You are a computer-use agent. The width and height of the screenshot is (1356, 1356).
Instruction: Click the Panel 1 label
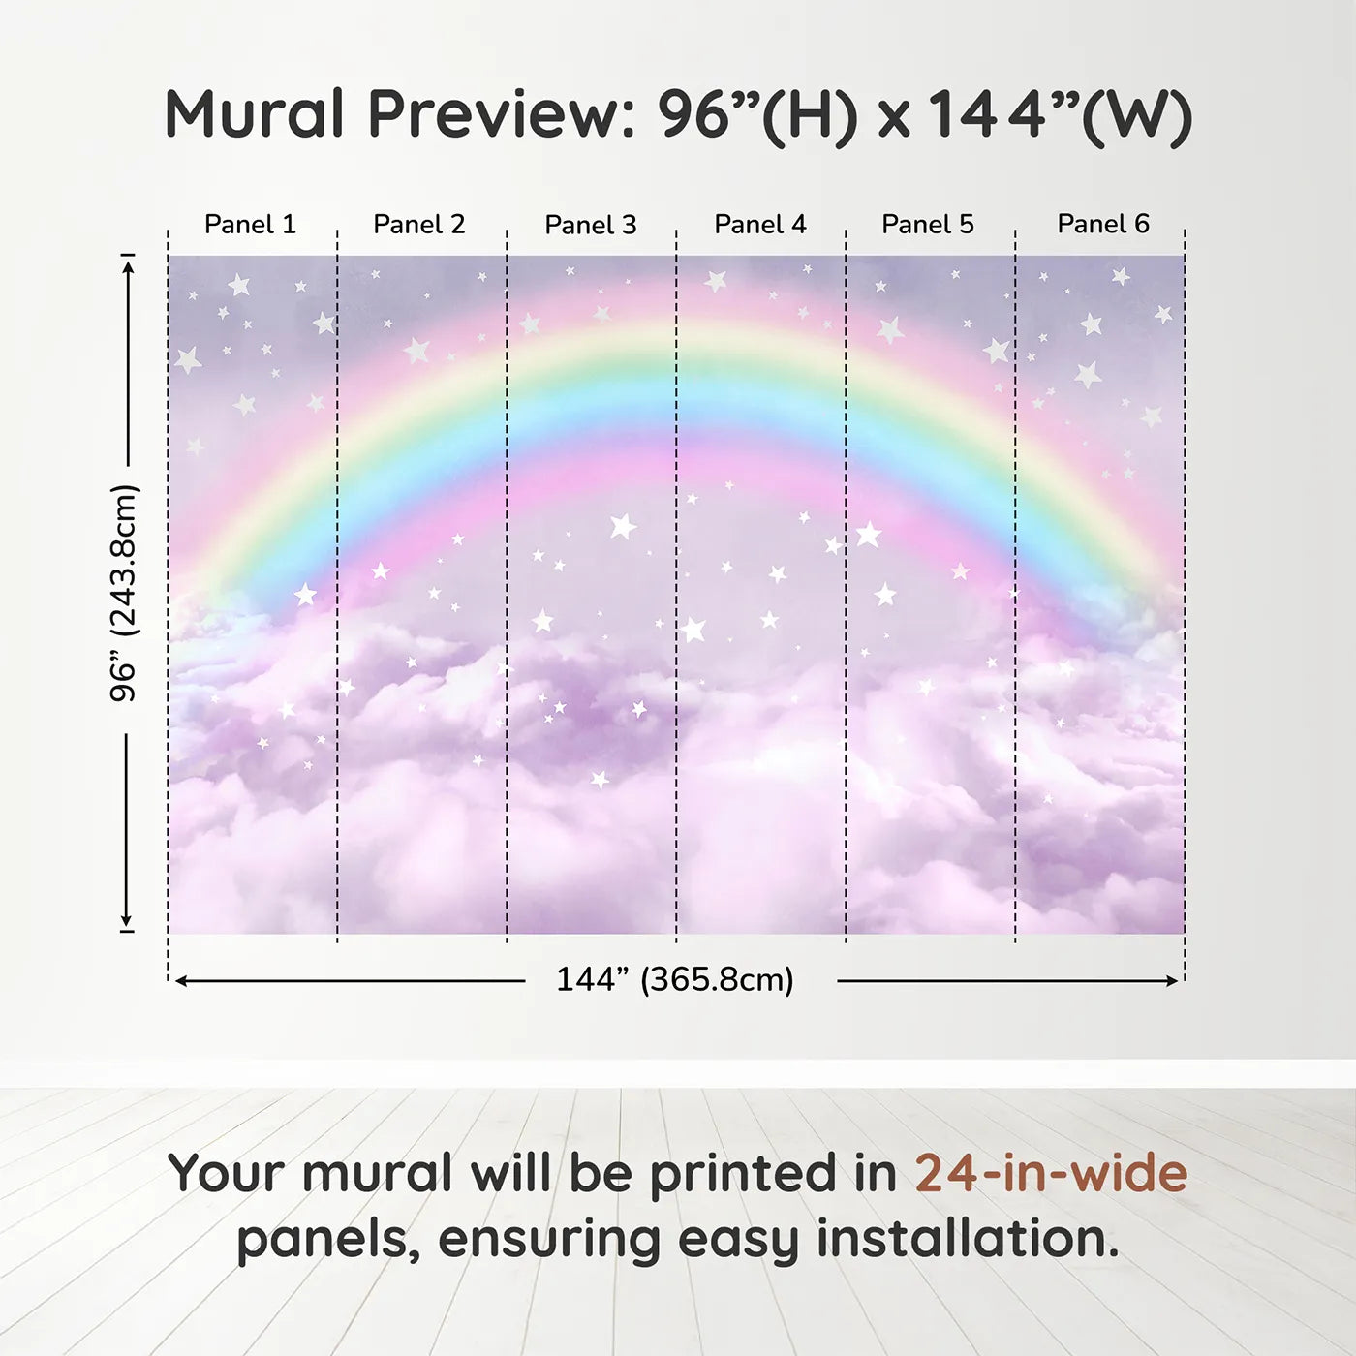click(250, 224)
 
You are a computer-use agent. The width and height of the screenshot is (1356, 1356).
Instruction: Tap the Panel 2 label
click(418, 224)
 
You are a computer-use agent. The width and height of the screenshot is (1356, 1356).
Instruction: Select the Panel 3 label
click(591, 225)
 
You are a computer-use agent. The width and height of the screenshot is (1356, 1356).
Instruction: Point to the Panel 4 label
click(760, 224)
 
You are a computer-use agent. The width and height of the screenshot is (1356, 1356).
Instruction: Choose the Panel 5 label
click(928, 224)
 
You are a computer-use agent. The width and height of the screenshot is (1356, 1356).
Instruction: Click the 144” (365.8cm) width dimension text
click(675, 979)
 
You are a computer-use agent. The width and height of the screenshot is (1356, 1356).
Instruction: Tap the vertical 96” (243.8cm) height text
click(125, 593)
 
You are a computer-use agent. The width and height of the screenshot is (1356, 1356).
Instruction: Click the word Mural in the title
click(254, 114)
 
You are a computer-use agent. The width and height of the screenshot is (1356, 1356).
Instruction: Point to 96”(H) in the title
click(757, 117)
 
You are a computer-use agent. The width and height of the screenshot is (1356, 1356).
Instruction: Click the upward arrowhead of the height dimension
click(127, 266)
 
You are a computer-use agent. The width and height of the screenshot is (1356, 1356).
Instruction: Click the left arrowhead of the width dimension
click(181, 981)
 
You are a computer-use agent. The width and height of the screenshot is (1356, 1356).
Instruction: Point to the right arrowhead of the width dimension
click(1172, 981)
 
